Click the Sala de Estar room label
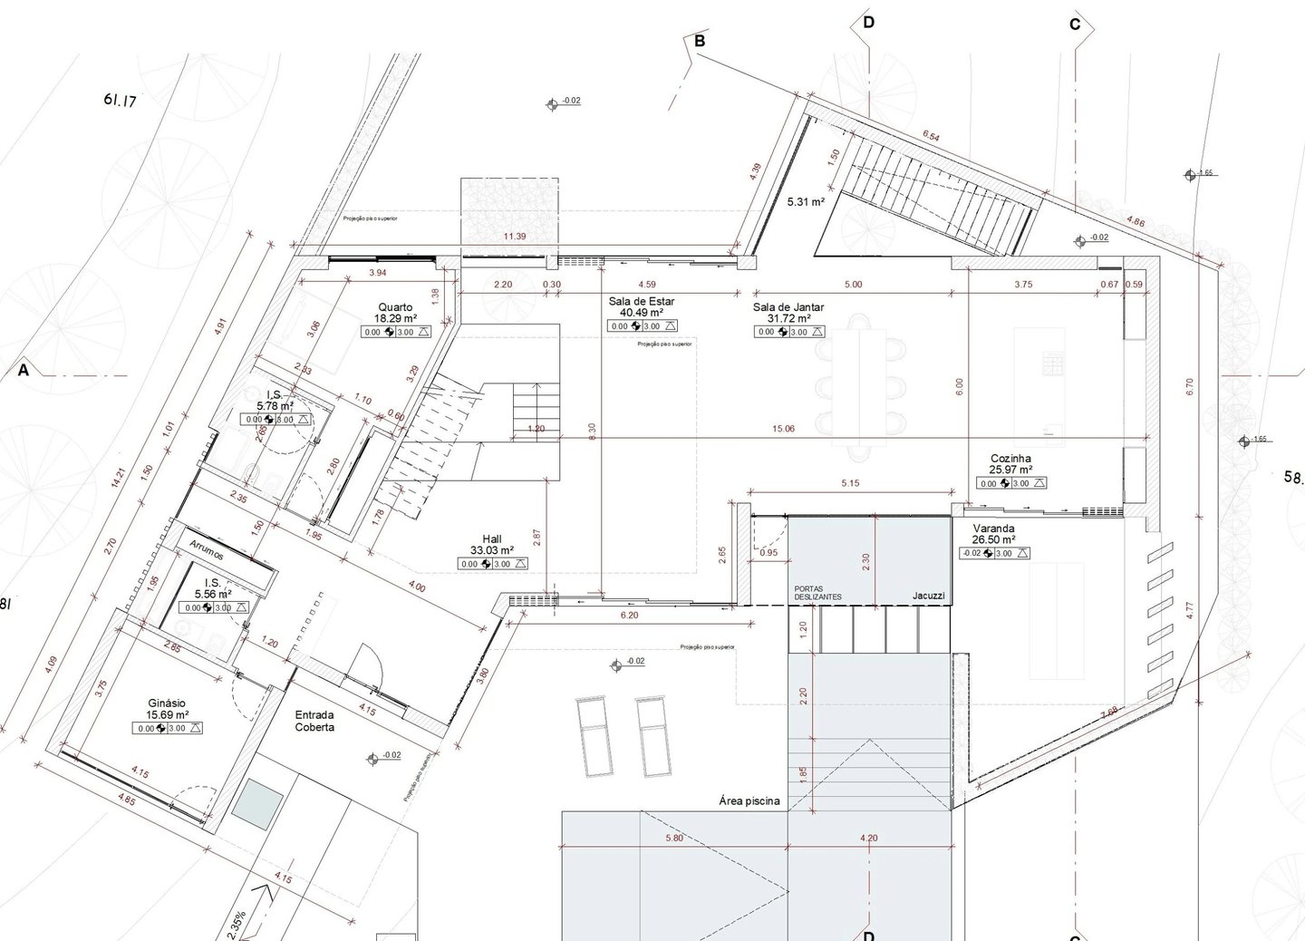coord(642,301)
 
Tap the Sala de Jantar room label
coord(788,307)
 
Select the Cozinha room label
coord(1010,459)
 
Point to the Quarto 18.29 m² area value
coord(395,319)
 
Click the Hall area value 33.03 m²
coord(492,550)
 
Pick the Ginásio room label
coord(167,703)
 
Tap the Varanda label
coord(993,529)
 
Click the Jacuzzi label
coord(929,596)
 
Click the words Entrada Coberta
coord(314,721)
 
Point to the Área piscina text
coord(749,801)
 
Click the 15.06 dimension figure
coord(783,429)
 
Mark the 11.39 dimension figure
coord(515,237)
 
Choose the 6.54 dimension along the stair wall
coord(931,137)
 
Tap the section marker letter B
coord(700,41)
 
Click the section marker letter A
coord(24,370)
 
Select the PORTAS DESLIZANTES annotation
coord(817,592)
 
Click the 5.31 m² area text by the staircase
coord(805,202)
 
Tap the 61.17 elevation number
coord(120,101)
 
